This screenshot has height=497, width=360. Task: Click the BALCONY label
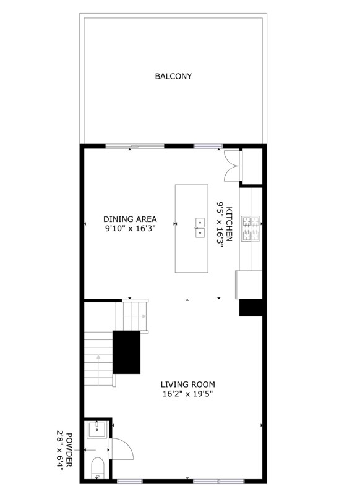point(173,76)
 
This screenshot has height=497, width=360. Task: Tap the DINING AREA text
point(130,219)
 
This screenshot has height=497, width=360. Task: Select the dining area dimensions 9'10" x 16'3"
point(130,228)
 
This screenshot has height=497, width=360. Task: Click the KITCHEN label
point(229,224)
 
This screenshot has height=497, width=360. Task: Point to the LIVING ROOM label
point(188,384)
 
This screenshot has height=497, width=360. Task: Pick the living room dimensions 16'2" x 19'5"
point(187,394)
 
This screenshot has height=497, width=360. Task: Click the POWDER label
point(69,450)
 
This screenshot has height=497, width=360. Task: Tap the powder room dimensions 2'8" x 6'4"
point(60,450)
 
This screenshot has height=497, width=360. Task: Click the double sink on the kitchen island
point(200,227)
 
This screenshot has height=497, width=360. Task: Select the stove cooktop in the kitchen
point(251,229)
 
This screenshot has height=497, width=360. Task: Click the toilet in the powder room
point(97,468)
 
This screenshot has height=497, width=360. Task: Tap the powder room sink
point(96,430)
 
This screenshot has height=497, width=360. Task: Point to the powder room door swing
point(121,449)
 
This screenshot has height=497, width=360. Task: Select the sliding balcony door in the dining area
point(135,146)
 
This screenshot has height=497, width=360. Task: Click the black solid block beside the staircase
point(127,352)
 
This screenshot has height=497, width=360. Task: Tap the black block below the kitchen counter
point(251,307)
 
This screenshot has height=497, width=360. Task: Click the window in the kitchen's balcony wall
point(208,146)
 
